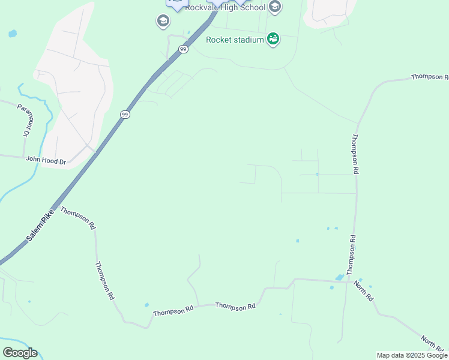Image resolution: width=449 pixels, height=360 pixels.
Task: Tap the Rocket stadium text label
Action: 235,40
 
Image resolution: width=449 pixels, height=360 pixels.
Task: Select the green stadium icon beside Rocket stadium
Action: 273,40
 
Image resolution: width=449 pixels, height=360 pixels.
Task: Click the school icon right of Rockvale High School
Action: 275,7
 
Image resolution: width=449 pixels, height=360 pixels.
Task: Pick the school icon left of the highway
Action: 163,22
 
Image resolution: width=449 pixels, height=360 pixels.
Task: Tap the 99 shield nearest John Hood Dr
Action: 124,114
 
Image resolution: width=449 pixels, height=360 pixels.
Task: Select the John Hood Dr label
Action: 46,160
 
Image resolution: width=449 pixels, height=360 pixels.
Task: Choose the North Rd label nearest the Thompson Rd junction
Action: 364,290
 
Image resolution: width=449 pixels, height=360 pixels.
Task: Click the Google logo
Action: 20,353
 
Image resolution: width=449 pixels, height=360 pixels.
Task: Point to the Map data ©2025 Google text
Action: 412,355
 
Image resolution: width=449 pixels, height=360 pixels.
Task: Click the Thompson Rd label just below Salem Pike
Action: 78,219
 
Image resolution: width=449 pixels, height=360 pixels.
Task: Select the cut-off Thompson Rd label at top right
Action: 430,77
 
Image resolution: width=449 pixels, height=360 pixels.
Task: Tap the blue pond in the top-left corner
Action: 13,34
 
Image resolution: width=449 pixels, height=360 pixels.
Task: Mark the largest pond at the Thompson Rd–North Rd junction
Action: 340,277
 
